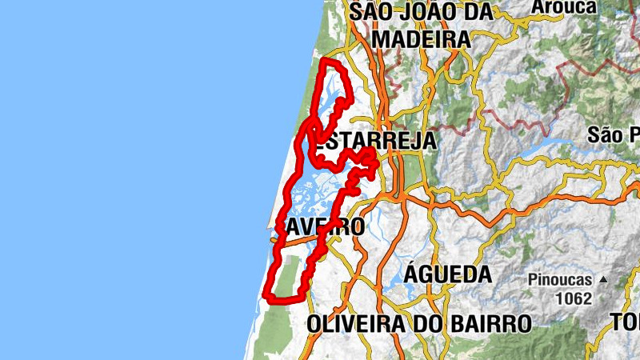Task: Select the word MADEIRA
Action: tap(421, 38)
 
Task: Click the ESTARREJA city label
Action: tap(373, 142)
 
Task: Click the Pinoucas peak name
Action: tap(559, 280)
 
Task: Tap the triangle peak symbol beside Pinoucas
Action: tap(603, 280)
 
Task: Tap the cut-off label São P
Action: tap(614, 134)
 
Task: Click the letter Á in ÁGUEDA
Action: tap(411, 274)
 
